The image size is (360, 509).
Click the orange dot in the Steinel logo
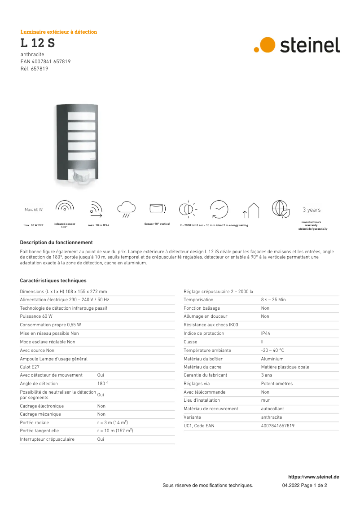pyautogui.click(x=267, y=45)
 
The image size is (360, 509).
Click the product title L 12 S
pyautogui.click(x=38, y=44)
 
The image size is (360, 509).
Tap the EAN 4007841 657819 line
pyautogui.click(x=45, y=61)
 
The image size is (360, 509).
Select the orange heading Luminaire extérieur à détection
pyautogui.click(x=59, y=32)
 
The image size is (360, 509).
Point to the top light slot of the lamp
pyautogui.click(x=82, y=116)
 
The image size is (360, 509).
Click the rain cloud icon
pyautogui.click(x=126, y=208)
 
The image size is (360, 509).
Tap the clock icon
pyautogui.click(x=219, y=209)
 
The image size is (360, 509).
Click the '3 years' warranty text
pyautogui.click(x=312, y=210)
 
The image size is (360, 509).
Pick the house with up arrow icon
pyautogui.click(x=251, y=210)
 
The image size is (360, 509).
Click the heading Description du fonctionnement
pyautogui.click(x=56, y=242)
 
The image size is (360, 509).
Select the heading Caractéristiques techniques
pyautogui.click(x=53, y=281)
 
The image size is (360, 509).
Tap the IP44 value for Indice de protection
pyautogui.click(x=266, y=333)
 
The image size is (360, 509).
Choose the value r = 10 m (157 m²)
pyautogui.click(x=115, y=430)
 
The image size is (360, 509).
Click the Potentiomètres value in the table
pyautogui.click(x=277, y=384)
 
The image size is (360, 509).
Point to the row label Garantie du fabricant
pyautogui.click(x=205, y=375)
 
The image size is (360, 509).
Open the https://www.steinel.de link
pyautogui.click(x=313, y=477)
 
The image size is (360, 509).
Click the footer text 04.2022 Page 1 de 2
pyautogui.click(x=304, y=485)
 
